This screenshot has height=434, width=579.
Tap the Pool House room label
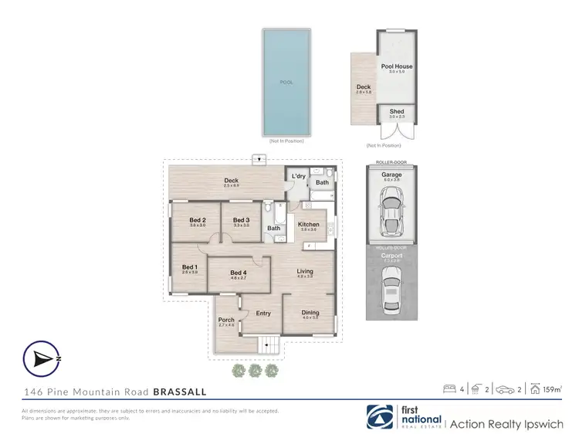tap(397, 66)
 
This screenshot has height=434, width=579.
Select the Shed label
tap(397, 112)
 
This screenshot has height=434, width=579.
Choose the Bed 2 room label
tap(198, 220)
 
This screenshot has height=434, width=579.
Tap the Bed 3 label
tap(241, 220)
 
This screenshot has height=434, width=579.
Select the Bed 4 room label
tap(239, 273)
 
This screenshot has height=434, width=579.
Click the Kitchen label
tap(308, 225)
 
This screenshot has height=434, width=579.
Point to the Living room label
tap(306, 271)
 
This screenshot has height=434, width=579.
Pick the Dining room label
tap(310, 313)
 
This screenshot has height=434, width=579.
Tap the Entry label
tap(263, 313)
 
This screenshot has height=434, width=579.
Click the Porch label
tap(226, 320)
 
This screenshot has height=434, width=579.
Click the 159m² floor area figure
tap(551, 390)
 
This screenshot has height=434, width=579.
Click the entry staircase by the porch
tap(269, 346)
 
